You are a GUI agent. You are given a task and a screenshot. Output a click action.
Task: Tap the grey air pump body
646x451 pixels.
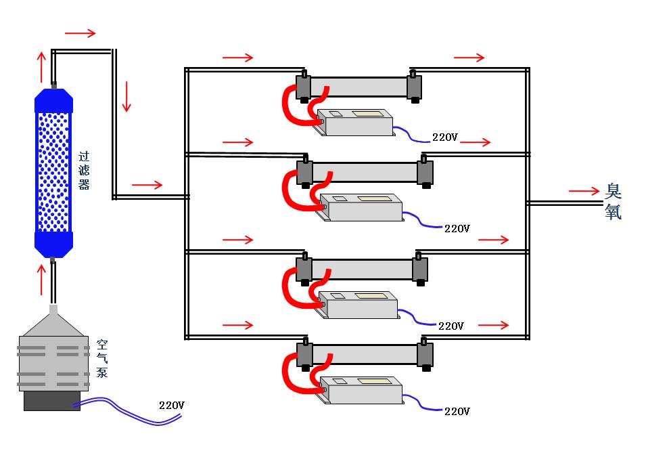(x=53, y=362)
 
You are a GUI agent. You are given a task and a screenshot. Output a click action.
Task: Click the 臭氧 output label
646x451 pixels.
(x=613, y=202)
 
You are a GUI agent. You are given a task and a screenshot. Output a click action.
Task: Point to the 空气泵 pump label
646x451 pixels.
(x=101, y=358)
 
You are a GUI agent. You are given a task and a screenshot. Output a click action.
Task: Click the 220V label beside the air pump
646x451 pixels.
(x=172, y=406)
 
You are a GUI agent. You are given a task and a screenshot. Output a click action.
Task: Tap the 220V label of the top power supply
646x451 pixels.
(x=445, y=137)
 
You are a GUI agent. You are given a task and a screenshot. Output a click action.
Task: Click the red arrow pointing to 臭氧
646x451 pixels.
(x=584, y=192)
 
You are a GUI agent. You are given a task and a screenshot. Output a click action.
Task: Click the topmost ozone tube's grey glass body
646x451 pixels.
(x=359, y=87)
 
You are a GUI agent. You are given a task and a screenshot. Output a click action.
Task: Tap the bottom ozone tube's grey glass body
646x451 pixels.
(x=365, y=354)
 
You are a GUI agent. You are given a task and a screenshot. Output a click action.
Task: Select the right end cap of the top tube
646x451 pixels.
(x=414, y=87)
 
